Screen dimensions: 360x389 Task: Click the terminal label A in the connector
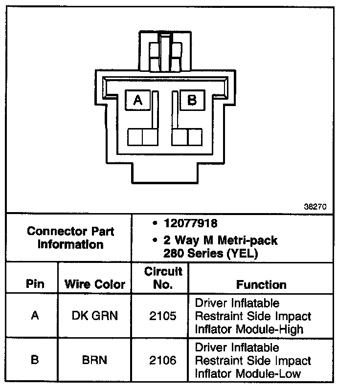(x=138, y=100)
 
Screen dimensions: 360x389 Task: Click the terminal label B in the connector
(x=192, y=100)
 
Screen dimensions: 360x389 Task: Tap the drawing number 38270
(x=316, y=206)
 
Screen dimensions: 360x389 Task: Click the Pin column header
(x=35, y=284)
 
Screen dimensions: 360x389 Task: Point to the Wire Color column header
(x=95, y=284)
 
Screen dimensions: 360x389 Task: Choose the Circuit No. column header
(x=163, y=278)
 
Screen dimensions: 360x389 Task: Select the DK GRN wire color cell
(x=95, y=316)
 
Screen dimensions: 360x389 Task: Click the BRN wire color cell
(x=95, y=361)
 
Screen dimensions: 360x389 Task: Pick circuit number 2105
(x=162, y=316)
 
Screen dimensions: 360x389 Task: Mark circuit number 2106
(x=162, y=361)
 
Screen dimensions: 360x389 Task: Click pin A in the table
(x=35, y=316)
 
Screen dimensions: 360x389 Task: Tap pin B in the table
(x=35, y=361)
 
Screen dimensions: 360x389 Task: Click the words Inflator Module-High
(x=249, y=329)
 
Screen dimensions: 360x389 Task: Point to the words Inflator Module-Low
(x=248, y=374)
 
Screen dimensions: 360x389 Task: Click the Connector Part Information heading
(x=70, y=237)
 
